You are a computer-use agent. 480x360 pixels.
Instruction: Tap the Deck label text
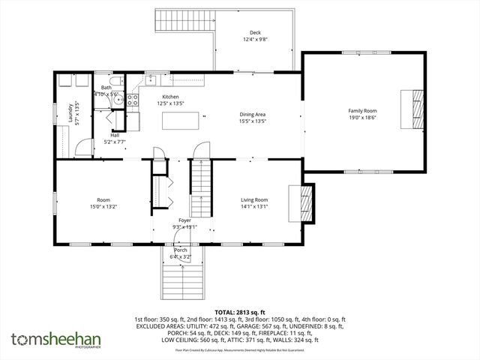[x=255, y=32]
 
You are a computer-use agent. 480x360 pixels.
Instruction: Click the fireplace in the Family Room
[x=409, y=109]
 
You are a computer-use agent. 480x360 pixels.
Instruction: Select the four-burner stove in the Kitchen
[x=132, y=97]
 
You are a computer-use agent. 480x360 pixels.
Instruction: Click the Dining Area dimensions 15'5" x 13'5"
[x=252, y=121]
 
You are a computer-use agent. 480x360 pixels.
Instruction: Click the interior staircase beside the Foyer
[x=199, y=188]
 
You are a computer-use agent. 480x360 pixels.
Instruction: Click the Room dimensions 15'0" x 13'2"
[x=103, y=205]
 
